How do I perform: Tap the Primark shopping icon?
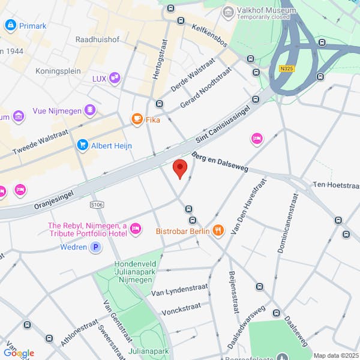[10, 25]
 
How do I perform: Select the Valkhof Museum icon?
[228, 12]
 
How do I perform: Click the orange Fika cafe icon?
[137, 119]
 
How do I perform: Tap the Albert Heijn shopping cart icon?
[82, 145]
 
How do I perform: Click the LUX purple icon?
[114, 78]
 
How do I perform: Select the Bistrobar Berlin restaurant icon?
[218, 230]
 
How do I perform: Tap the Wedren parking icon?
[95, 247]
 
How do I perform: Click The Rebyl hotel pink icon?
[136, 228]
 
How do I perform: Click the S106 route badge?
[97, 205]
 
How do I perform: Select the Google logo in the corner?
[19, 353]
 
